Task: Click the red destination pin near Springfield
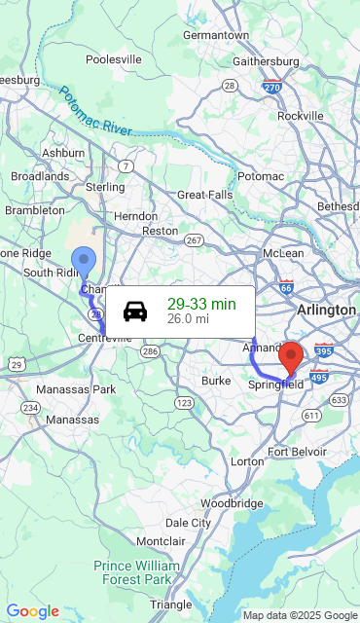[x=290, y=356]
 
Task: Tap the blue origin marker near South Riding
[x=84, y=260]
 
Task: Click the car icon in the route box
[x=135, y=311]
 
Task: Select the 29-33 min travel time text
[x=201, y=304]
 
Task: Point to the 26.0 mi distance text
[x=188, y=318]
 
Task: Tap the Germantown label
[x=216, y=34]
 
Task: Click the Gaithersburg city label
[x=265, y=61]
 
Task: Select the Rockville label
[x=300, y=115]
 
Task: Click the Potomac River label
[x=94, y=112]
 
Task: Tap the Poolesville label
[x=114, y=58]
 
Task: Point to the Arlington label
[x=327, y=310]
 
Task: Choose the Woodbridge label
[x=232, y=503]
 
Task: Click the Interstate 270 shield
[x=272, y=87]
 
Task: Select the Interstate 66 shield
[x=286, y=288]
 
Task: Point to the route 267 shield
[x=194, y=240]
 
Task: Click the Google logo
[x=32, y=611]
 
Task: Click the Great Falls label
[x=205, y=195]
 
